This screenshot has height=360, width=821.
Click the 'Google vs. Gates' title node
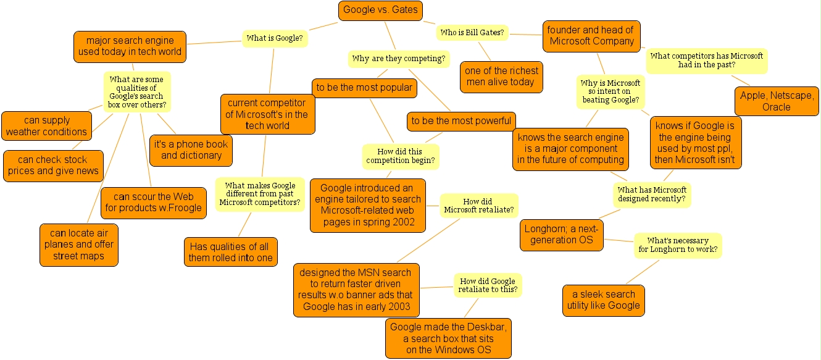point(380,10)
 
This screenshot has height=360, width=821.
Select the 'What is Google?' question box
point(275,38)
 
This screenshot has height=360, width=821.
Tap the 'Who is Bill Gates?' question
point(472,33)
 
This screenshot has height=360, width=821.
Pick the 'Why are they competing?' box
point(399,59)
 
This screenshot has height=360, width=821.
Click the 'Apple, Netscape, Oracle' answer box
point(777,101)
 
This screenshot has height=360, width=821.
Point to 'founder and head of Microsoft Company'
point(591,36)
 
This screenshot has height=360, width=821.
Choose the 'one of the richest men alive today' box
point(501,77)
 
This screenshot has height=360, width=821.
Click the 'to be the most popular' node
point(364,88)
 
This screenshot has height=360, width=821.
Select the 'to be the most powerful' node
point(461,121)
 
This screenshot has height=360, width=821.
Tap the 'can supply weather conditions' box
point(46,126)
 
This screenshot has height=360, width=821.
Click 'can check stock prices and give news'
point(53,165)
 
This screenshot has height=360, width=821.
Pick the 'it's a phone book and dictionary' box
point(191,150)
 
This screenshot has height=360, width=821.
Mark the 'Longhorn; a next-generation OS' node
point(562,235)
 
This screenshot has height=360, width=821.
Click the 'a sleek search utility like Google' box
point(604,300)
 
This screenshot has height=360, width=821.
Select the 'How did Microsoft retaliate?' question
point(479,206)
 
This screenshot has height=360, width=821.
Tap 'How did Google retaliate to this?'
point(488,285)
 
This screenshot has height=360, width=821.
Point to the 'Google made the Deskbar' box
point(449,338)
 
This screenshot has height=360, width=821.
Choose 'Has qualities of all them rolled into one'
point(230,253)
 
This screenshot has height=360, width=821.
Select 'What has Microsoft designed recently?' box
point(652,195)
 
